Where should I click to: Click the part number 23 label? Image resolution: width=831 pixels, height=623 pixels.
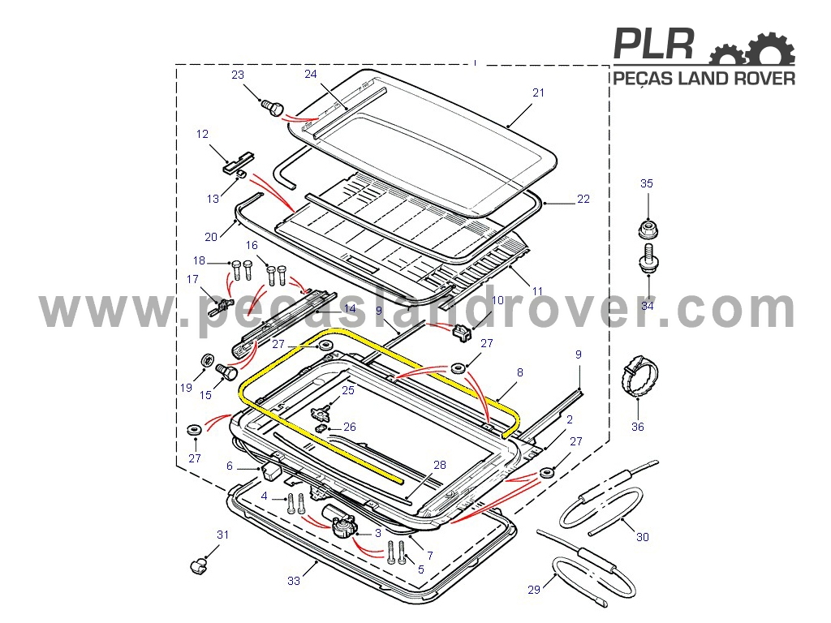point(238,75)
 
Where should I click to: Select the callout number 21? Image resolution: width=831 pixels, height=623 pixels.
point(539,92)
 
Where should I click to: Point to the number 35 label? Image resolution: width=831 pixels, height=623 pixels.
point(647,183)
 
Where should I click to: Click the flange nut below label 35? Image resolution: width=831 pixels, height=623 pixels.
point(648,230)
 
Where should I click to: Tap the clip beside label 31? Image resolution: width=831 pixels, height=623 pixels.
point(199,565)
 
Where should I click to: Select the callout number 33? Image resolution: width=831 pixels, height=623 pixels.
point(294,581)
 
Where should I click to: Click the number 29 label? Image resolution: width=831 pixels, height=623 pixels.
point(534,590)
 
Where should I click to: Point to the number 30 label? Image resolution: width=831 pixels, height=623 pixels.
point(643,537)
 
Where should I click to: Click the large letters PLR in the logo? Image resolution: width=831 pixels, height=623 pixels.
point(654,44)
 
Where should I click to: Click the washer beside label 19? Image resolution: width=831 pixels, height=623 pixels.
point(207,360)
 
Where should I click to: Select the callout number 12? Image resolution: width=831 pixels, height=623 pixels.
point(202,134)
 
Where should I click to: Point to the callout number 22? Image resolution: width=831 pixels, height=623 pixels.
point(583,199)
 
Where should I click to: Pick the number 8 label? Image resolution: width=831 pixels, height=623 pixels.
point(520,372)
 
